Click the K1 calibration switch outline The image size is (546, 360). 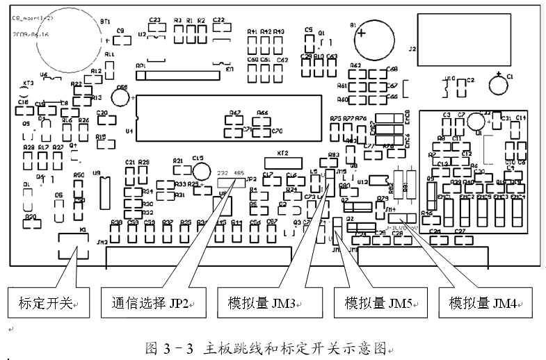coord(72,243)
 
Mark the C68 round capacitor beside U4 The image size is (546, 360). coord(120,98)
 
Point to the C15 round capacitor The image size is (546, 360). coord(202,170)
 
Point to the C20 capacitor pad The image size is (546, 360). coord(102,118)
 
